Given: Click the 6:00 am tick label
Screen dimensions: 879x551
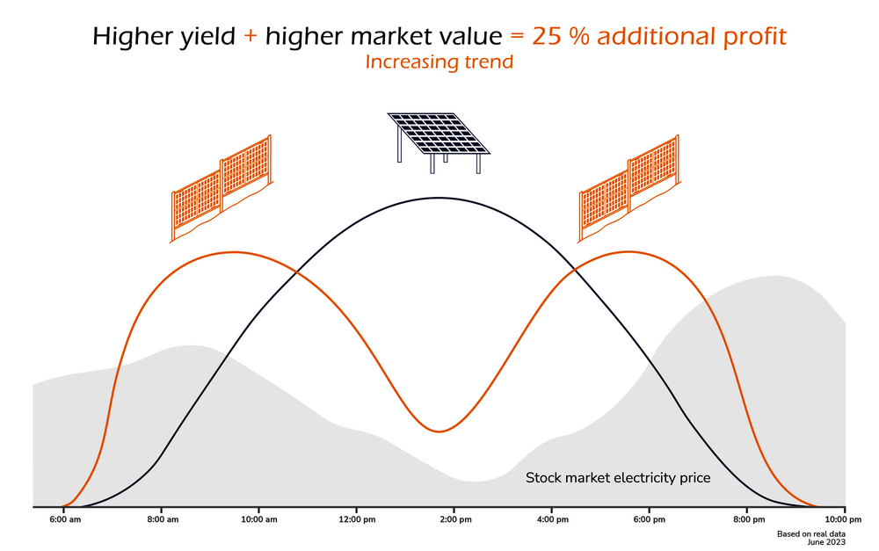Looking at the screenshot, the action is pyautogui.click(x=65, y=519).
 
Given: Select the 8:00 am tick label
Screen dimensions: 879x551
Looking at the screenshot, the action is pyautogui.click(x=163, y=519).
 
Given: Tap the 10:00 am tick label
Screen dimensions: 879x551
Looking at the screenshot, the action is pyautogui.click(x=259, y=519).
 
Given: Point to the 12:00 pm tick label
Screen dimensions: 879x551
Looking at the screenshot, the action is pyautogui.click(x=357, y=519).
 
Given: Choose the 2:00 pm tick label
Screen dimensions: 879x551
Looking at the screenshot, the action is pyautogui.click(x=455, y=519).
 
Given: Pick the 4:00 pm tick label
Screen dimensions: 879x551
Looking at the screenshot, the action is pyautogui.click(x=552, y=519).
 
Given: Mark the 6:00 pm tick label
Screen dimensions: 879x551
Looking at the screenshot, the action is pyautogui.click(x=650, y=519).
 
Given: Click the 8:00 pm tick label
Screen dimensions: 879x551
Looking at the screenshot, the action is pyautogui.click(x=749, y=519).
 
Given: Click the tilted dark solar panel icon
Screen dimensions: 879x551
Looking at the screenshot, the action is pyautogui.click(x=439, y=142).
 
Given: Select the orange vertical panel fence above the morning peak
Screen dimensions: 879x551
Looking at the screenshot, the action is pyautogui.click(x=222, y=188).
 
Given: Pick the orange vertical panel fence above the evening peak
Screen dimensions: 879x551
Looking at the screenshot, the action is pyautogui.click(x=629, y=188).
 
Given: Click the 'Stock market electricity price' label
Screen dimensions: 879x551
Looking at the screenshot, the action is pyautogui.click(x=618, y=478).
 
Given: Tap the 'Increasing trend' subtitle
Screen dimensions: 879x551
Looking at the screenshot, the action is pyautogui.click(x=439, y=62).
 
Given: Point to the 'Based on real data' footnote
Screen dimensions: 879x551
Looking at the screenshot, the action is pyautogui.click(x=810, y=534).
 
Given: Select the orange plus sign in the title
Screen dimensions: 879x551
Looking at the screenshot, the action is pyautogui.click(x=251, y=37).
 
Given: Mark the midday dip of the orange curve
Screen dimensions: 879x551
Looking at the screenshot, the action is pyautogui.click(x=439, y=431).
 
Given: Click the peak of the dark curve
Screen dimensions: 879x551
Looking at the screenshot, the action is pyautogui.click(x=439, y=198).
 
